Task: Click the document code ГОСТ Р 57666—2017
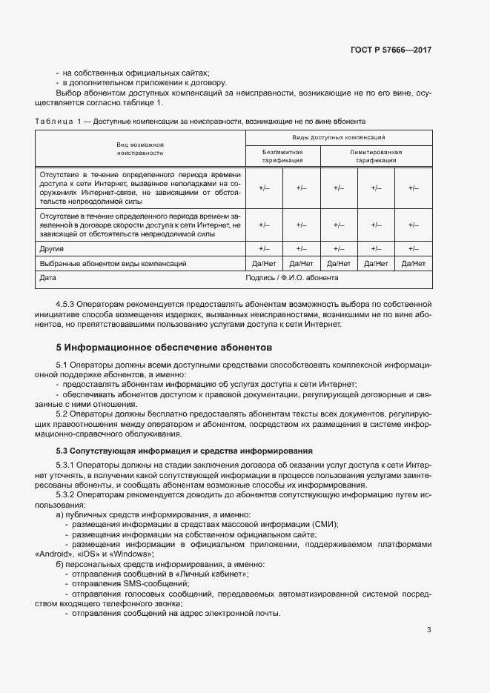[x=391, y=50]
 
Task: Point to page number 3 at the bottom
[x=428, y=630]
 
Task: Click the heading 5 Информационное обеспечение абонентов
[x=165, y=347]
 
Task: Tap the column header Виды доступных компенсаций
[x=339, y=138]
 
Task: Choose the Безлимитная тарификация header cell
[x=282, y=156]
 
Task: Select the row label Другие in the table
[x=52, y=249]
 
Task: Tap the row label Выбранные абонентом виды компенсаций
[x=112, y=263]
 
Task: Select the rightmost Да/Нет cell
[x=413, y=263]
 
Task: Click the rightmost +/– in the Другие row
[x=413, y=249]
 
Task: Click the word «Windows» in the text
[x=131, y=554]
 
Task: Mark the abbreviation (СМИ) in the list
[x=325, y=524]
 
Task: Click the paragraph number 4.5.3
[x=68, y=305]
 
